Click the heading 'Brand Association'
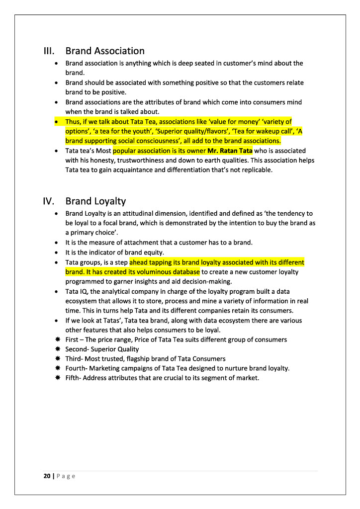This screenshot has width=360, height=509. click(x=105, y=51)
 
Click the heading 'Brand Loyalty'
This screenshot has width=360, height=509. click(x=95, y=201)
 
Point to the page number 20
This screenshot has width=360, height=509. click(x=47, y=476)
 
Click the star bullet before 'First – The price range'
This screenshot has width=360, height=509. click(x=58, y=339)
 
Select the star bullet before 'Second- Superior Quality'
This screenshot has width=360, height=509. click(x=58, y=349)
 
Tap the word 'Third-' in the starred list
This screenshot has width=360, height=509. click(x=75, y=358)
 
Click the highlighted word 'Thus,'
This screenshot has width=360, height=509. click(x=74, y=121)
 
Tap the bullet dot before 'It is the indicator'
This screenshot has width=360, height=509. click(x=58, y=253)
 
